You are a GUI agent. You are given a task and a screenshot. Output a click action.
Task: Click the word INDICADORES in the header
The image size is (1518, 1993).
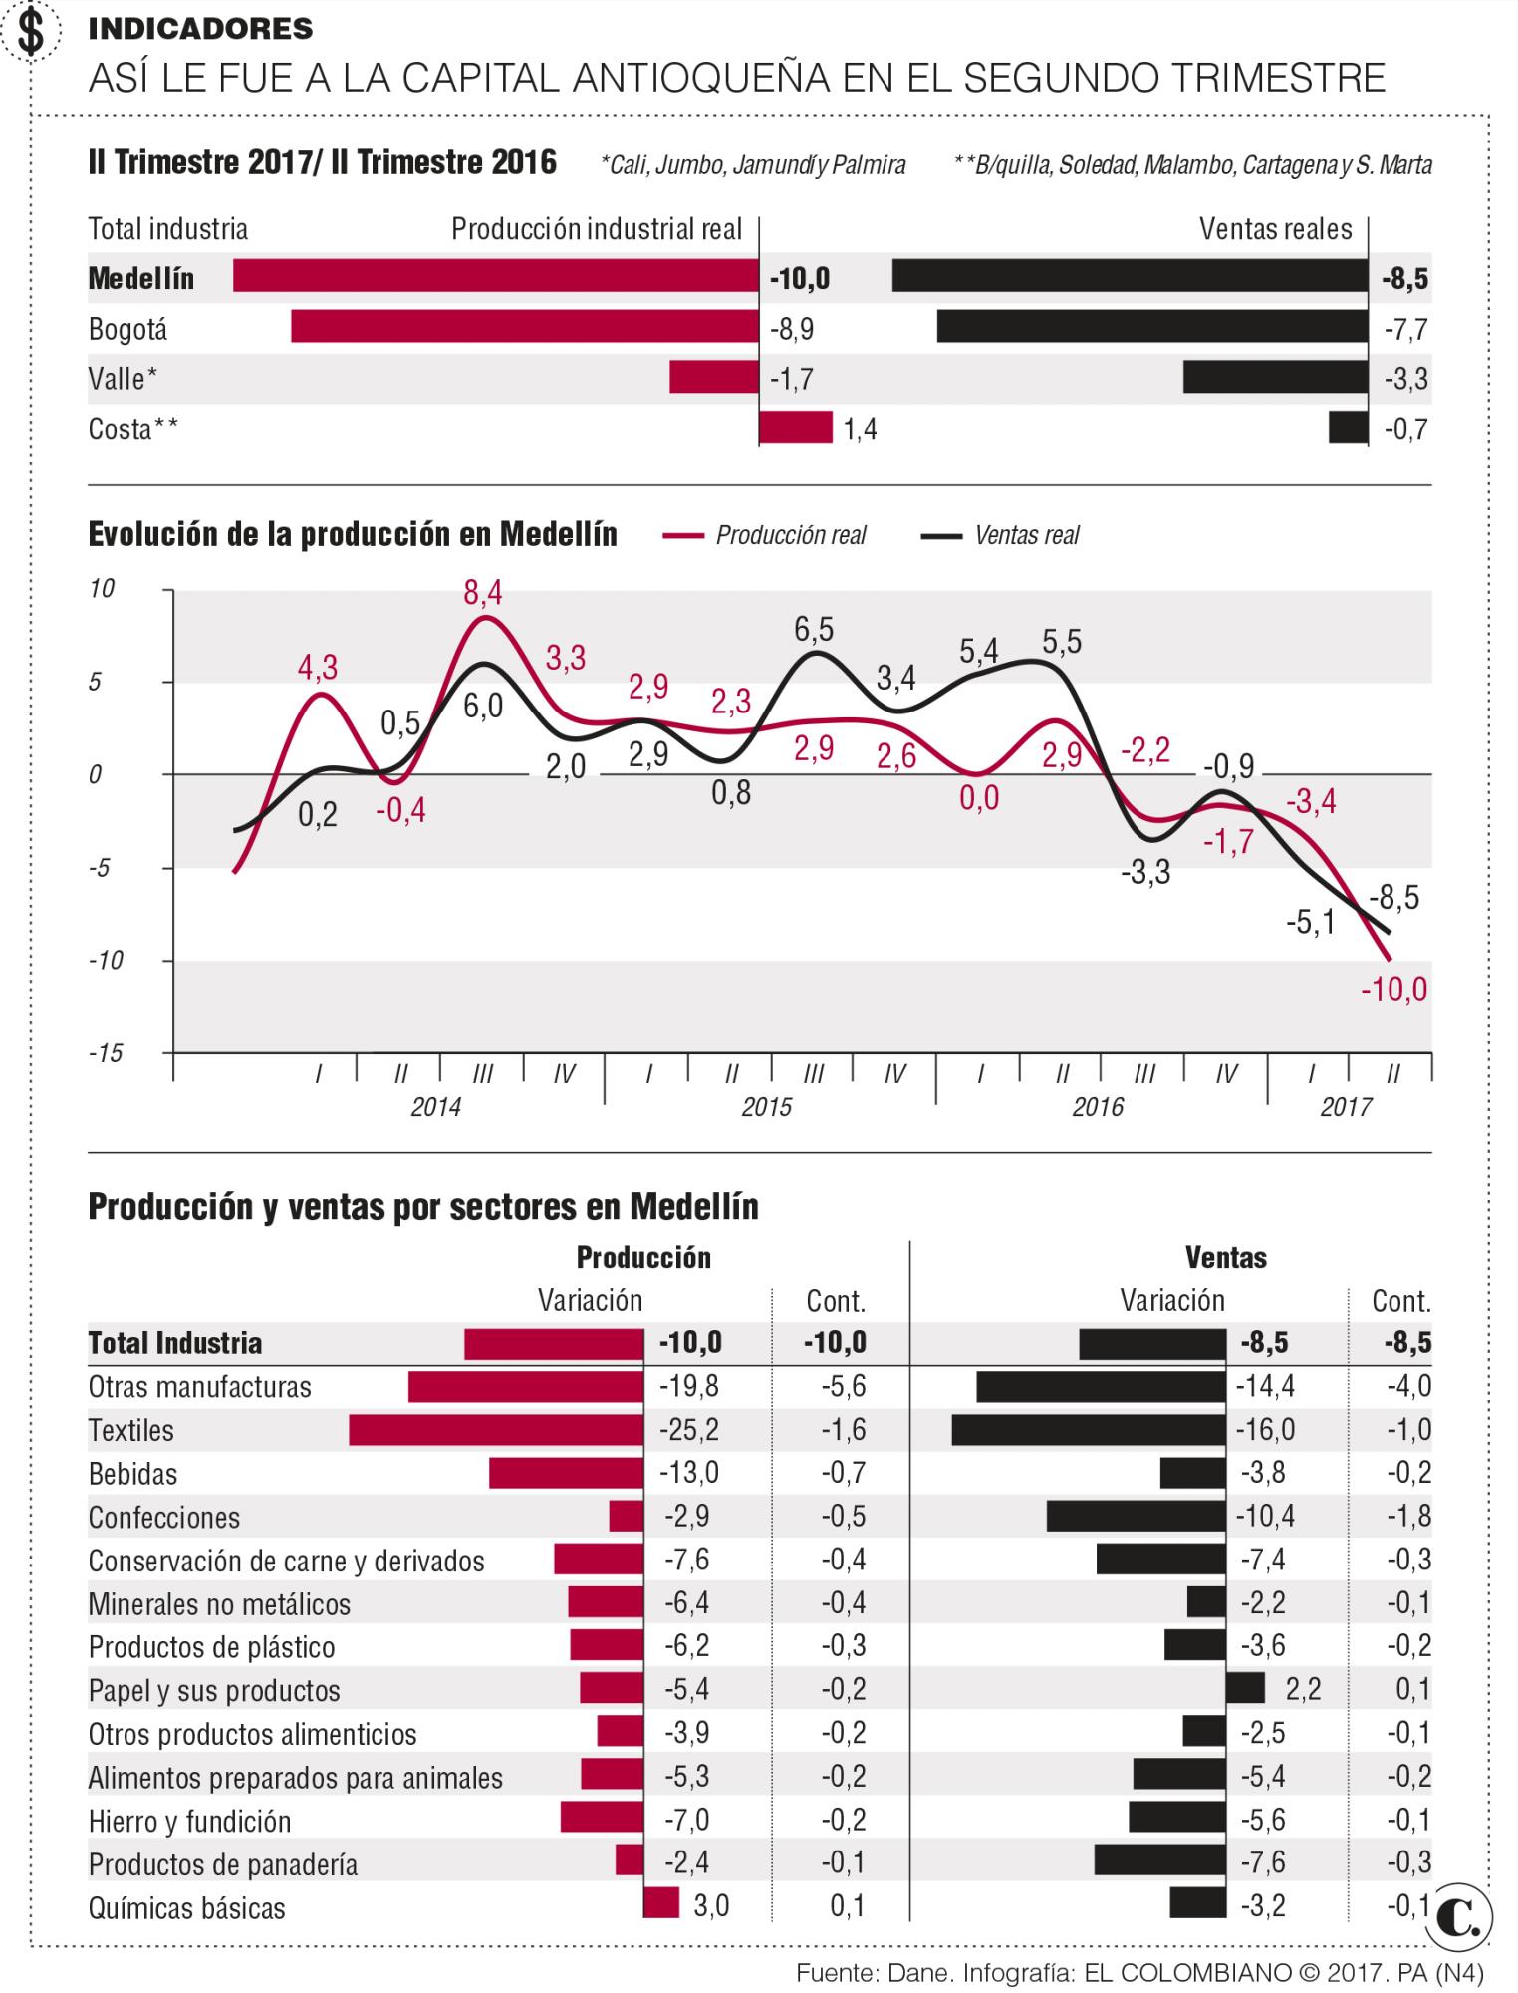200,29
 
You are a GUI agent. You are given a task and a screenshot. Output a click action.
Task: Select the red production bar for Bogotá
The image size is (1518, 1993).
525,327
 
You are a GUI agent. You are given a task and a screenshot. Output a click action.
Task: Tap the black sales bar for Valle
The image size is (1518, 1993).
1275,377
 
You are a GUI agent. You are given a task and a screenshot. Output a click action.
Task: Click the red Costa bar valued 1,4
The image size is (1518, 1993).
795,427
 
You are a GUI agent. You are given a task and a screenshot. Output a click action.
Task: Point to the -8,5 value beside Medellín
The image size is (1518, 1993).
1404,279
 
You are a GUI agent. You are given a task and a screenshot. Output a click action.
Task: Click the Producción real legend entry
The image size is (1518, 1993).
765,535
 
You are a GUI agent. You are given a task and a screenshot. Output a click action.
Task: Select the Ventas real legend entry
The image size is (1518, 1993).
1001,535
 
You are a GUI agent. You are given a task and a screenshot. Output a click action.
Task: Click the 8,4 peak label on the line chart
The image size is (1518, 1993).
483,594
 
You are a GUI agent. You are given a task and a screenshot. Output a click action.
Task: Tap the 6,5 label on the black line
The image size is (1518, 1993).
814,630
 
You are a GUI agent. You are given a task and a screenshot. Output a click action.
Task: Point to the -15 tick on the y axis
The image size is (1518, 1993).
105,1053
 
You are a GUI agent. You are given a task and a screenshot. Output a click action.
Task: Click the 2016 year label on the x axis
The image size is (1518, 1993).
1098,1107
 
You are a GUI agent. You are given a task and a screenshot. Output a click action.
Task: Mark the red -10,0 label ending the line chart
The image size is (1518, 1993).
1393,990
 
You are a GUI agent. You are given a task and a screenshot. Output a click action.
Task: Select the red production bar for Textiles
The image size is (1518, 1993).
496,1430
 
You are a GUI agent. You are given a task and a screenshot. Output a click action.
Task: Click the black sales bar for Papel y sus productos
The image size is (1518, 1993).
1245,1689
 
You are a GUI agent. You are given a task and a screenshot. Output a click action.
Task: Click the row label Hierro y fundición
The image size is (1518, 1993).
189,1821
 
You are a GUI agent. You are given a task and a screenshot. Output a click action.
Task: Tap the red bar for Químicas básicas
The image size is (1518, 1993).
661,1906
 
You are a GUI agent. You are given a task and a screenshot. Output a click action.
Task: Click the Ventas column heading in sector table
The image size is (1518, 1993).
1225,1257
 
